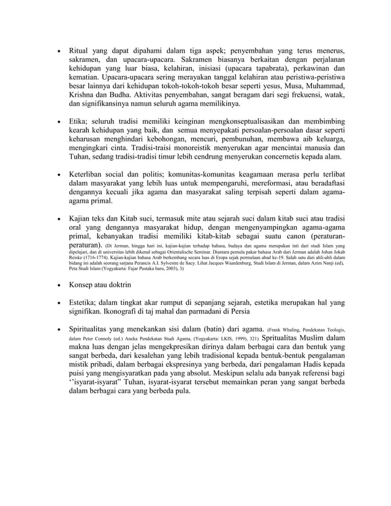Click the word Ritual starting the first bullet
point(80,50)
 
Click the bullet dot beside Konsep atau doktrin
point(58,285)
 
